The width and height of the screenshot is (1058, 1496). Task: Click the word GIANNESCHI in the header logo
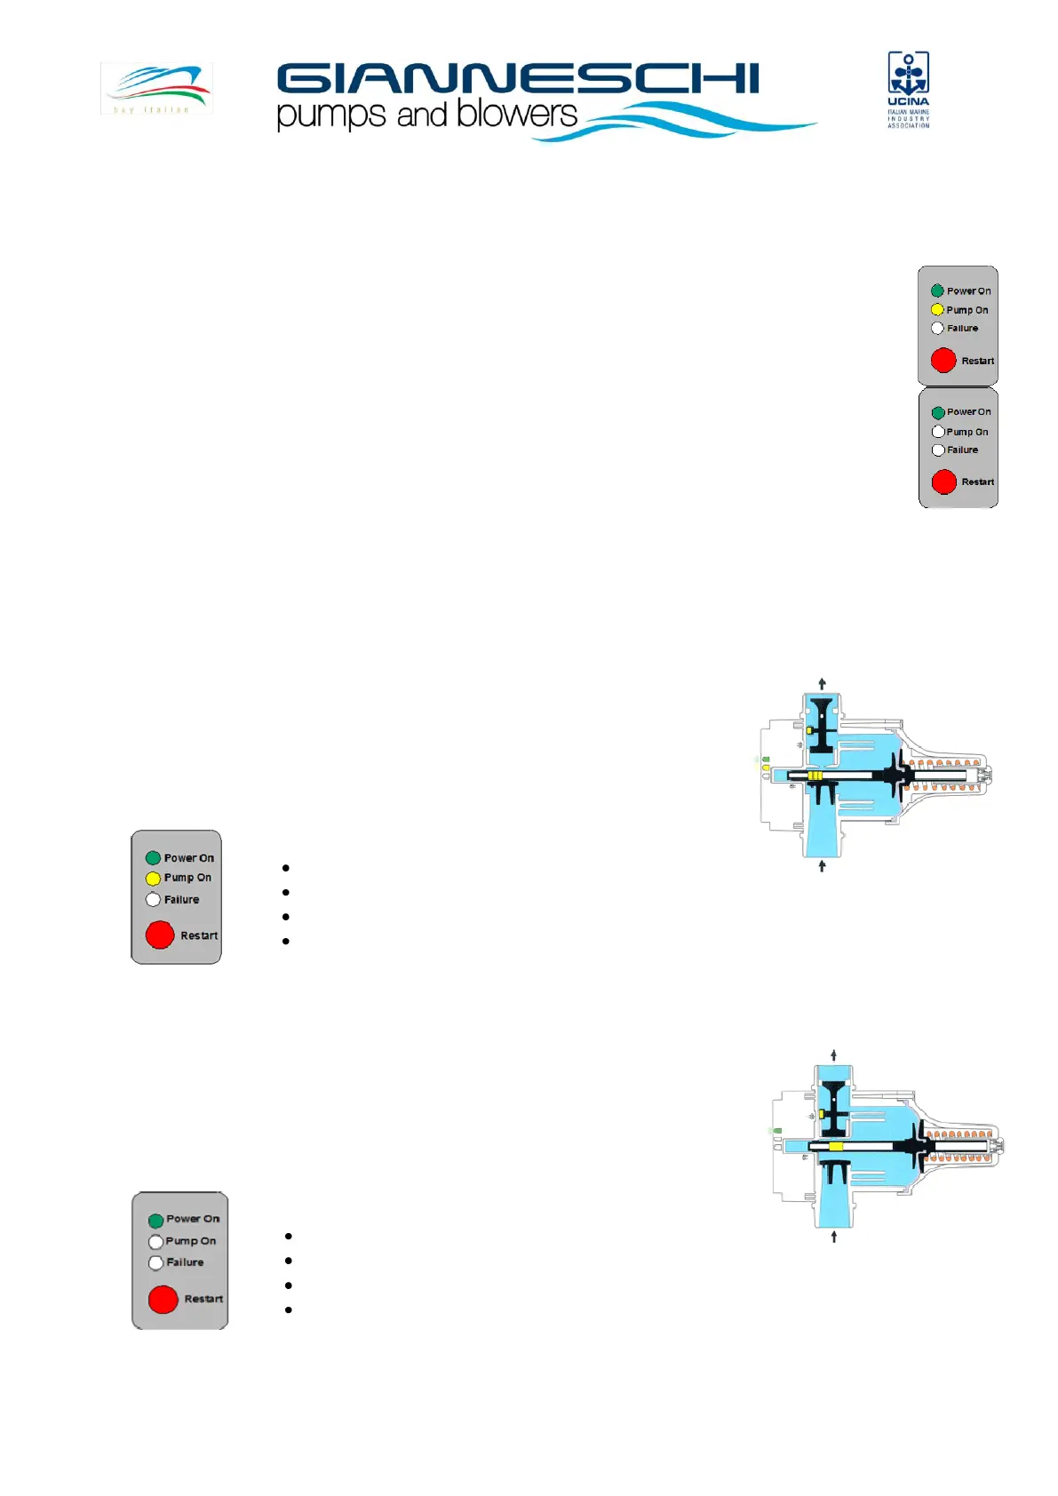[x=518, y=78]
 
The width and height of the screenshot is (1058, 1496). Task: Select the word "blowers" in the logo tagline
[x=517, y=114]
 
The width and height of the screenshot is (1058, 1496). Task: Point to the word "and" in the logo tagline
[x=421, y=115]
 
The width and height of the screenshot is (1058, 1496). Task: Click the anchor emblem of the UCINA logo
[x=908, y=73]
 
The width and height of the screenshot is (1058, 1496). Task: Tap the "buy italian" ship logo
[x=156, y=88]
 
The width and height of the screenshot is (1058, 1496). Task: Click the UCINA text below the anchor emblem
[x=908, y=102]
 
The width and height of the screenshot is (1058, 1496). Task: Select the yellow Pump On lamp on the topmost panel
[x=937, y=310]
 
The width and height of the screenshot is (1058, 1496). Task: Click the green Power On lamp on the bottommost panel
[x=155, y=1221]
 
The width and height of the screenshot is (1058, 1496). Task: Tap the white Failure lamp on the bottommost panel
[x=155, y=1262]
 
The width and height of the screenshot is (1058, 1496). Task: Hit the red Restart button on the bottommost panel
[x=163, y=1299]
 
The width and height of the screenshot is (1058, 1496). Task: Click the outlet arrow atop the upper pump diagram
[x=823, y=683]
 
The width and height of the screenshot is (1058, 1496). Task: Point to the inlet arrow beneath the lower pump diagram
[x=833, y=1236]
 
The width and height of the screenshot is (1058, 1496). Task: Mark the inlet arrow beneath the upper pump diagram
[x=822, y=865]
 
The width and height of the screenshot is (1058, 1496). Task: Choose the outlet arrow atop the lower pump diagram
[x=833, y=1055]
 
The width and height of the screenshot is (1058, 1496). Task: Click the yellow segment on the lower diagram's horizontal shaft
[x=835, y=1147]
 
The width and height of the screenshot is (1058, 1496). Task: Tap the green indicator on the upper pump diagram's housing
[x=766, y=760]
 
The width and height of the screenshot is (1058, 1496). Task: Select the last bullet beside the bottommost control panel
[x=289, y=1309]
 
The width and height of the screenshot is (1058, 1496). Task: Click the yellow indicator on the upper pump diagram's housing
[x=766, y=768]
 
